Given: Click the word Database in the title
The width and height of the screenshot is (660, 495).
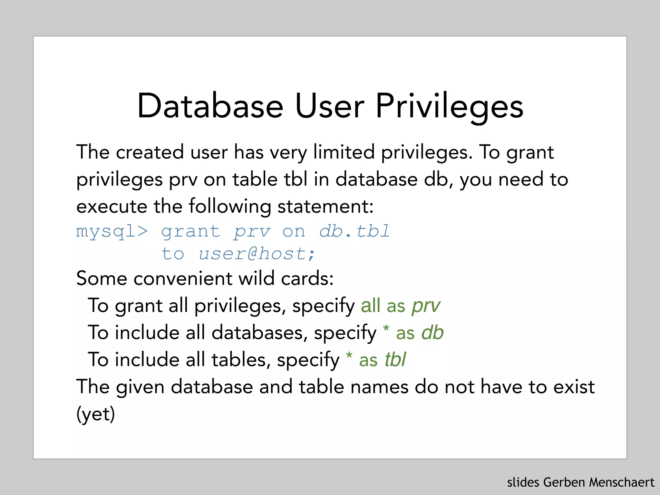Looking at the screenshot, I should [x=210, y=106].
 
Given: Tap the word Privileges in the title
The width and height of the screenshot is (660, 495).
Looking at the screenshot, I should [x=449, y=106].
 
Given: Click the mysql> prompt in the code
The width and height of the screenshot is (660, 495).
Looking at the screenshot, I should [x=112, y=231].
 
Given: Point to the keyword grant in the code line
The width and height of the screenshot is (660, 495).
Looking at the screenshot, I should [x=190, y=231].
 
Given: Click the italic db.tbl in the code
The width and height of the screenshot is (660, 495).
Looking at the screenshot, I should [x=354, y=231].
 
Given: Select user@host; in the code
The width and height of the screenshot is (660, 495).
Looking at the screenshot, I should [x=257, y=254].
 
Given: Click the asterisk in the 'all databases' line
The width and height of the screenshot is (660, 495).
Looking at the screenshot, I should [x=386, y=329].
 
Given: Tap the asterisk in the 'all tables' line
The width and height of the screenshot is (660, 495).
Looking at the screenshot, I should [x=349, y=356].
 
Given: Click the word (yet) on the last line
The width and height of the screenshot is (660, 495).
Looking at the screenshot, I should [x=95, y=414].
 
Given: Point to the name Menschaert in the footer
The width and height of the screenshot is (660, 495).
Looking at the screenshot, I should [x=622, y=482].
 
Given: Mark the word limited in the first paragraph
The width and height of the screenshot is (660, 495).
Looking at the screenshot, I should [x=344, y=152].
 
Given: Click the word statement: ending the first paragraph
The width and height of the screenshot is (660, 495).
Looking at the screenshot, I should [x=325, y=206].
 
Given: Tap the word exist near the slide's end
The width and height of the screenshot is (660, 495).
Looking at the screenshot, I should [x=574, y=387].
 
